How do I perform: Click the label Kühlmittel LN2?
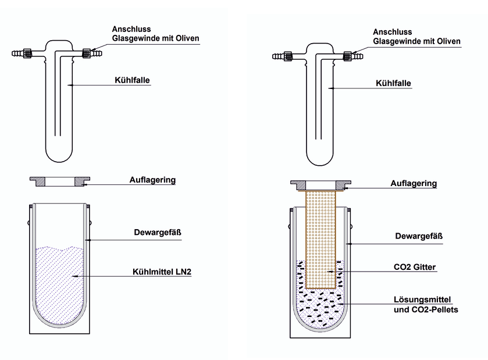click(x=162, y=272)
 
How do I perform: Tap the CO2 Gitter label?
click(x=415, y=267)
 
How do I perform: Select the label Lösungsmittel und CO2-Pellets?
click(x=426, y=305)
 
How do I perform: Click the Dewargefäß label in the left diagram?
click(x=158, y=233)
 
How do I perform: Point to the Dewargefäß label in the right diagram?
click(x=419, y=236)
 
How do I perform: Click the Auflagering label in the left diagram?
click(x=152, y=180)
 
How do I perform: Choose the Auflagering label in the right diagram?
click(x=414, y=184)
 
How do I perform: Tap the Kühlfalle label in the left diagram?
click(x=132, y=80)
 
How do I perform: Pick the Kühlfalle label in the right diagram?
click(x=393, y=83)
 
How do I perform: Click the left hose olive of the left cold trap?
click(x=17, y=53)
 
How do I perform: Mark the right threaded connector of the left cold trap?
click(x=87, y=53)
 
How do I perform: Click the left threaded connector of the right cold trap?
click(x=288, y=56)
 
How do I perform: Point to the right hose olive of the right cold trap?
click(x=358, y=56)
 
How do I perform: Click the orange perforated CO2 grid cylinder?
click(x=320, y=240)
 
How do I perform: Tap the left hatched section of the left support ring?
click(x=40, y=181)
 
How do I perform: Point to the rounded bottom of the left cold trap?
click(x=59, y=162)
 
